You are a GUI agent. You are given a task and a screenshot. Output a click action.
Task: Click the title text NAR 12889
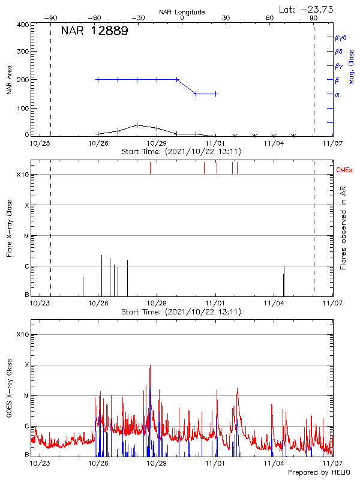point(94,32)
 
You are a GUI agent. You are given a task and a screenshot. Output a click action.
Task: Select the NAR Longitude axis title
point(182,12)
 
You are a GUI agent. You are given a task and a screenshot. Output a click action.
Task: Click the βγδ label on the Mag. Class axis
point(341,37)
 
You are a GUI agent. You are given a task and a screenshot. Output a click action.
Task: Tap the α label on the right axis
point(337,94)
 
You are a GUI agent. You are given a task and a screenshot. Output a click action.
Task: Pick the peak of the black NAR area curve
point(137,125)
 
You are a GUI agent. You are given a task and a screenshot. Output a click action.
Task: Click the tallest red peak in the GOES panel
point(150,365)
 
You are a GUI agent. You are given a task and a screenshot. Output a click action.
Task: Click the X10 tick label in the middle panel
point(22,175)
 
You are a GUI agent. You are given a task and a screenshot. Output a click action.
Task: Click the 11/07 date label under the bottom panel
point(332,463)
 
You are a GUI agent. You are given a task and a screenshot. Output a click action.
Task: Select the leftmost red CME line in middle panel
point(150,168)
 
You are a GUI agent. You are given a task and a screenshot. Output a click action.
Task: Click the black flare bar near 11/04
point(284,281)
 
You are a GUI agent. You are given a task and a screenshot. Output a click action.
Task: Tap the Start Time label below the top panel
point(181,152)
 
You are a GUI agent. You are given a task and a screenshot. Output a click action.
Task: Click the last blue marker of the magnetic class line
point(216,94)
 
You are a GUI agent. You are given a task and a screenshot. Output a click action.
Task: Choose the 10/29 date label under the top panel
point(157,143)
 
